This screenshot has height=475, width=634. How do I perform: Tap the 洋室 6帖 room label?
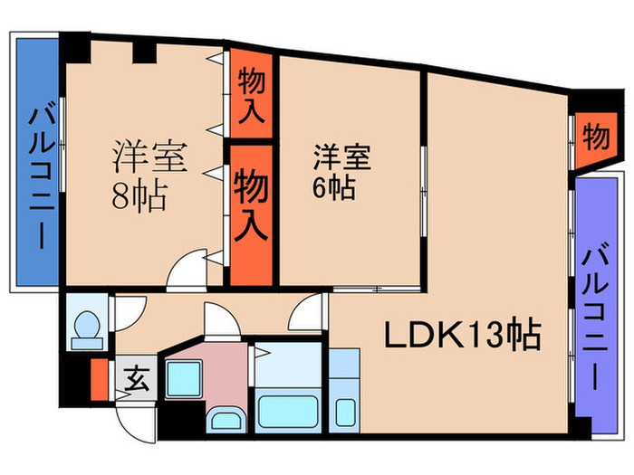click(341, 173)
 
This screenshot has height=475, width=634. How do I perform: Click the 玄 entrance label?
click(137, 378)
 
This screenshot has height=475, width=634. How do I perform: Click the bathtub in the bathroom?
click(288, 411)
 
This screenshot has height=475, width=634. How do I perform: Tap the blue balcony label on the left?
click(42, 177)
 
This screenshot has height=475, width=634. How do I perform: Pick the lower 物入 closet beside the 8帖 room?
click(251, 215)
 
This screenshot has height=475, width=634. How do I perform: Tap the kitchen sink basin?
click(345, 412)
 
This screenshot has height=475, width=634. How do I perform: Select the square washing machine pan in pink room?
click(184, 379)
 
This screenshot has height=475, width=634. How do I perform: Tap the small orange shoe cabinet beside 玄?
click(100, 379)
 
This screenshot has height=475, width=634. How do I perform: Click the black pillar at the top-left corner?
click(75, 47)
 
